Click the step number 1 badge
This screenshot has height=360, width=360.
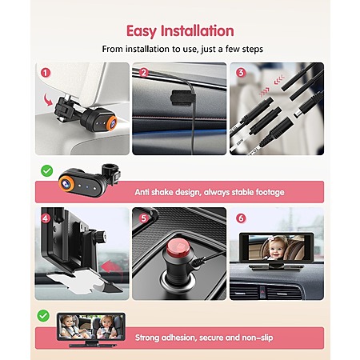(46, 73)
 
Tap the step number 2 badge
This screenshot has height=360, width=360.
(143, 73)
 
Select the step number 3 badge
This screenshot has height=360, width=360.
(241, 73)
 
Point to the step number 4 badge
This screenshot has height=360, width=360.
(46, 218)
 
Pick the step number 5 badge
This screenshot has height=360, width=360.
(143, 218)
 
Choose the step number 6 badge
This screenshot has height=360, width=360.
(241, 218)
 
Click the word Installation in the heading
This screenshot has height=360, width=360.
(198, 31)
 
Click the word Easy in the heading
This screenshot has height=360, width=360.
(142, 31)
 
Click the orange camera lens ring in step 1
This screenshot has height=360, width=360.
(111, 122)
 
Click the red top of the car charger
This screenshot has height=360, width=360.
(178, 246)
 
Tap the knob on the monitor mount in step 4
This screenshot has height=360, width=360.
(101, 236)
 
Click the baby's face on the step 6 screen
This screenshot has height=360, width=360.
(276, 250)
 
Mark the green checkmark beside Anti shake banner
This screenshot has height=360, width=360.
(47, 170)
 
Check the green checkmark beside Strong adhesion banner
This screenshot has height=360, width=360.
(43, 316)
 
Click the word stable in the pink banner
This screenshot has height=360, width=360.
(242, 192)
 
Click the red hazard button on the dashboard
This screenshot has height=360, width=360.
(262, 290)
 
